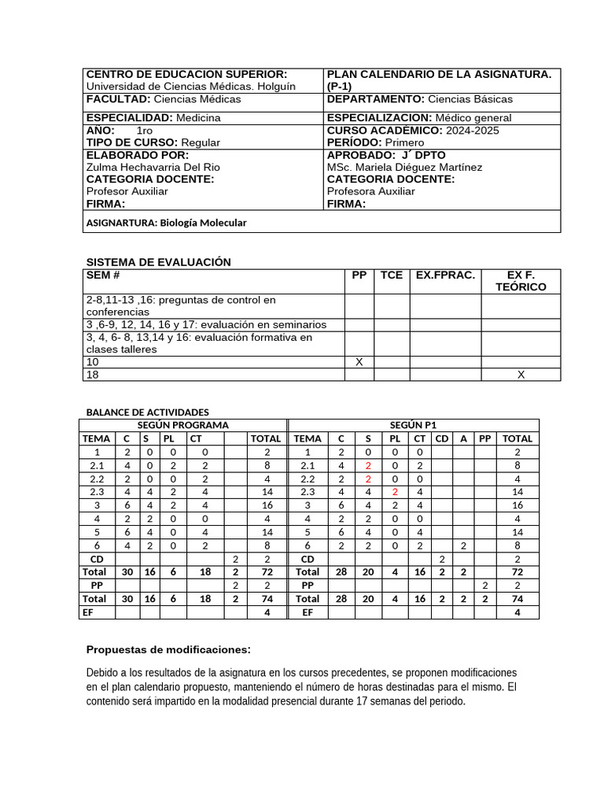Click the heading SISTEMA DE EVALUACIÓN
pos(158,262)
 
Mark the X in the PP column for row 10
pos(359,362)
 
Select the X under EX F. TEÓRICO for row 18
pos(521,375)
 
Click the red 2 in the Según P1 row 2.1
pos(367,466)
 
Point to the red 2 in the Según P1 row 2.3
pos(396,491)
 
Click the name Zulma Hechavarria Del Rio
pos(153,168)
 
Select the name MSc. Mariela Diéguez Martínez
pos(404,168)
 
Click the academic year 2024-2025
pos(477,130)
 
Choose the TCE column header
pos(392,275)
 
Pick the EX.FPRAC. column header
pos(445,275)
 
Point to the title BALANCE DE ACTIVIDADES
pos(147,412)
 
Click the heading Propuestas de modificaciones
pos(168,649)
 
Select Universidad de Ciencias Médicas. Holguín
pos(190,87)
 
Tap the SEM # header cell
pos(102,275)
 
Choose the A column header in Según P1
pos(464,438)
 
